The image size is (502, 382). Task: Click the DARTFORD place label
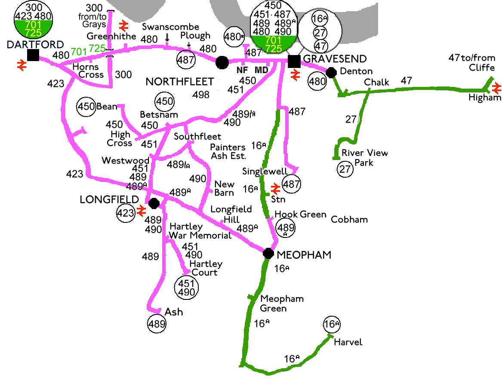[35, 45]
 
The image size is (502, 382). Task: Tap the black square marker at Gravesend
[294, 62]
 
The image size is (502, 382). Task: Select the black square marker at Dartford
[33, 55]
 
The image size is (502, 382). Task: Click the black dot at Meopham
[268, 253]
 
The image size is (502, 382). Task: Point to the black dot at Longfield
[154, 203]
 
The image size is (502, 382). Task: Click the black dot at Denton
[331, 72]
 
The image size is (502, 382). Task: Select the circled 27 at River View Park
[345, 169]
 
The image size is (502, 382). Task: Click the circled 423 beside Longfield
[126, 213]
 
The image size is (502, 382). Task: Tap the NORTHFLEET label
[180, 82]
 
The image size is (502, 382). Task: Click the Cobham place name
[349, 220]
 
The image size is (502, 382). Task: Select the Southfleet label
[197, 137]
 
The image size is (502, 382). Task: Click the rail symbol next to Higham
[496, 88]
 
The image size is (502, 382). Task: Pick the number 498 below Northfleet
[201, 95]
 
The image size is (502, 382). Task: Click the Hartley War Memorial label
[200, 231]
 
